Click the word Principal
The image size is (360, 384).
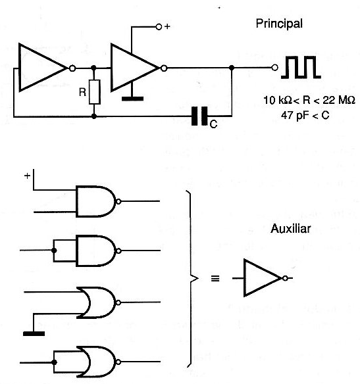click(x=279, y=24)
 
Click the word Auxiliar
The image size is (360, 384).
click(x=291, y=229)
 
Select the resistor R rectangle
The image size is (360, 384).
click(x=94, y=92)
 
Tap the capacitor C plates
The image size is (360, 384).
click(x=199, y=116)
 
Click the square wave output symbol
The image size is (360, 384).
click(x=301, y=67)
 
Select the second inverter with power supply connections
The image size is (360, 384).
click(x=136, y=68)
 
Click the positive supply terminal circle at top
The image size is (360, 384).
click(x=159, y=27)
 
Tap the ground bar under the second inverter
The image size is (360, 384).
click(x=132, y=99)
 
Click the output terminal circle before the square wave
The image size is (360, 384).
click(x=275, y=67)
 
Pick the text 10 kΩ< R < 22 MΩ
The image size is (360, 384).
click(x=309, y=100)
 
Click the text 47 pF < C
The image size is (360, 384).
click(x=305, y=115)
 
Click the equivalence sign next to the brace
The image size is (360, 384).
click(x=215, y=278)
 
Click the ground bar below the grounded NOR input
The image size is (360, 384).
click(x=34, y=333)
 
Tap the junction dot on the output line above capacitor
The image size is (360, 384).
click(x=232, y=68)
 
